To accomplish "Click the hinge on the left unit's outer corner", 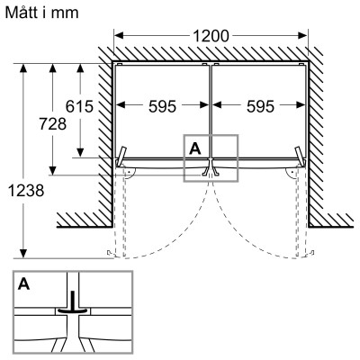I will [121, 158].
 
